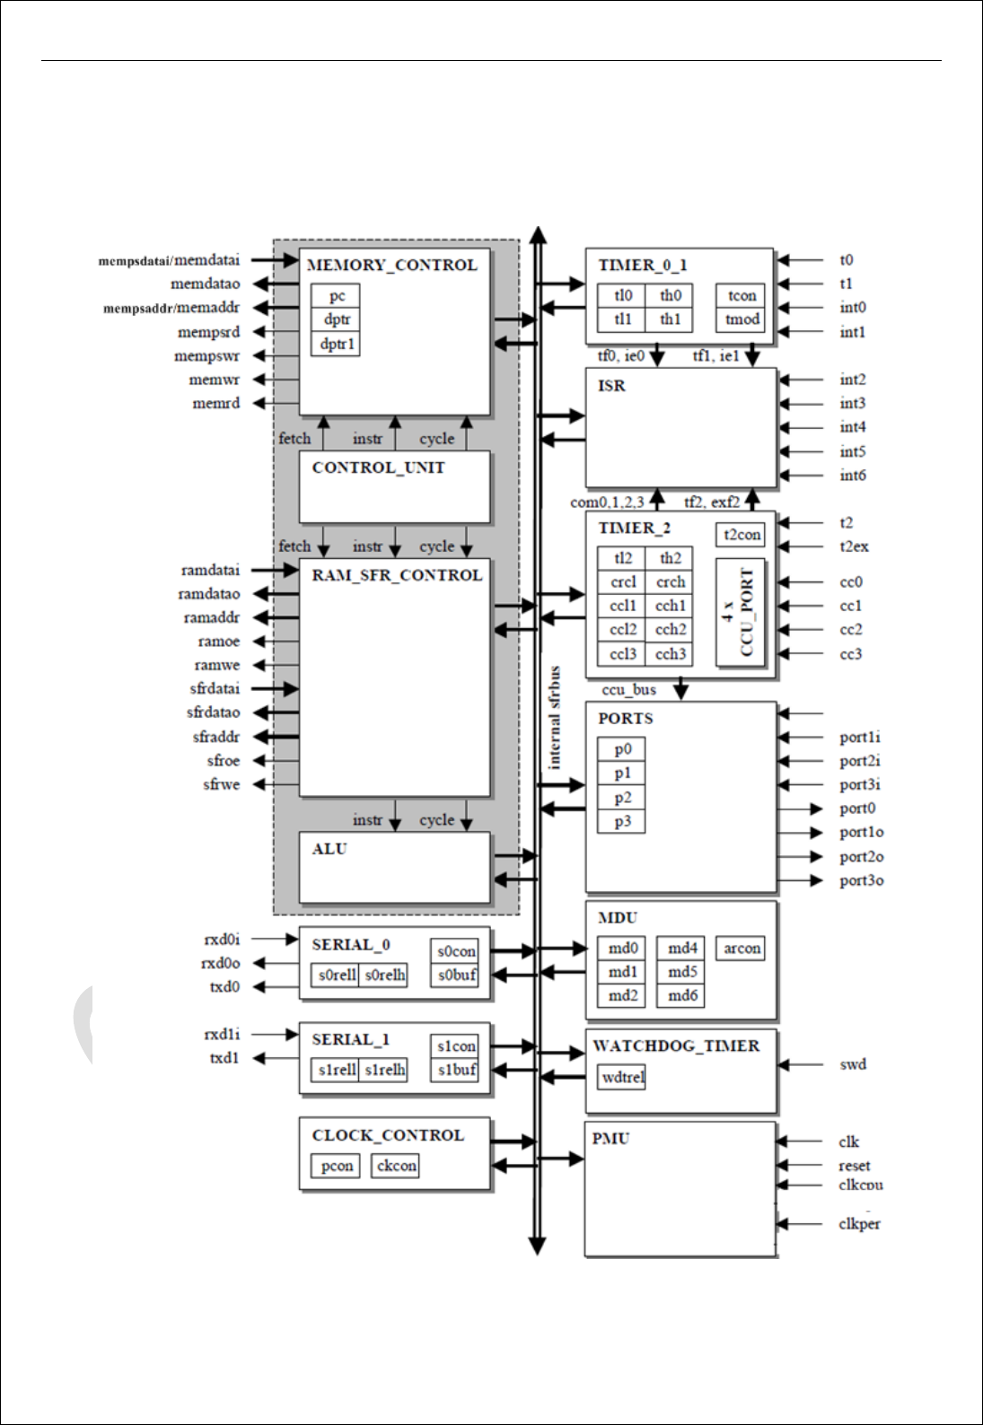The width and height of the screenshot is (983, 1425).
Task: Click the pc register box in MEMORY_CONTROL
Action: pyautogui.click(x=336, y=295)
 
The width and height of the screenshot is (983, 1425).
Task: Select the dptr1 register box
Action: pyautogui.click(x=336, y=344)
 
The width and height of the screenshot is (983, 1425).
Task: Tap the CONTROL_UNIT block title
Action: pyautogui.click(x=378, y=468)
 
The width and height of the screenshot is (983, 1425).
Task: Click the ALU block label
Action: pyautogui.click(x=329, y=849)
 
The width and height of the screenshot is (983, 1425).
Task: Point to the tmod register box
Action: pyautogui.click(x=742, y=319)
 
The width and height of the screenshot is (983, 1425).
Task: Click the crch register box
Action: pyautogui.click(x=671, y=582)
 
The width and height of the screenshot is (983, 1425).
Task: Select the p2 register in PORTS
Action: pyautogui.click(x=622, y=798)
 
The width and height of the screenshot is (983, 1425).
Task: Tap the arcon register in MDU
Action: pyautogui.click(x=742, y=949)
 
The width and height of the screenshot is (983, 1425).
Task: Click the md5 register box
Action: pyautogui.click(x=681, y=972)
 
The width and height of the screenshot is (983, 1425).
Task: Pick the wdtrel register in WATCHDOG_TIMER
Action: pyautogui.click(x=622, y=1077)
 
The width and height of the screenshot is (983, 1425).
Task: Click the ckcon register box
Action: pyautogui.click(x=396, y=1166)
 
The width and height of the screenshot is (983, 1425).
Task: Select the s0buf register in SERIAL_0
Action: pyautogui.click(x=457, y=975)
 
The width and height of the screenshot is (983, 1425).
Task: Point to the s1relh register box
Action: pyautogui.click(x=384, y=1070)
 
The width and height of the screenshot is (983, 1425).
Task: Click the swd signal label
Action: pyautogui.click(x=852, y=1065)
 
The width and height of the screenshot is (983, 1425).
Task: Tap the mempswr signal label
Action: pyautogui.click(x=206, y=356)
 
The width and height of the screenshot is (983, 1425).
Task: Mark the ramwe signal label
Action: pyautogui.click(x=216, y=666)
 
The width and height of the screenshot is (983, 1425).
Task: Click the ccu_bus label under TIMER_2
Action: pyautogui.click(x=628, y=690)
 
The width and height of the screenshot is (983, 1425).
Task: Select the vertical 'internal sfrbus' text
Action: pyautogui.click(x=555, y=717)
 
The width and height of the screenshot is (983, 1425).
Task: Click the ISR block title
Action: pyautogui.click(x=611, y=386)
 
